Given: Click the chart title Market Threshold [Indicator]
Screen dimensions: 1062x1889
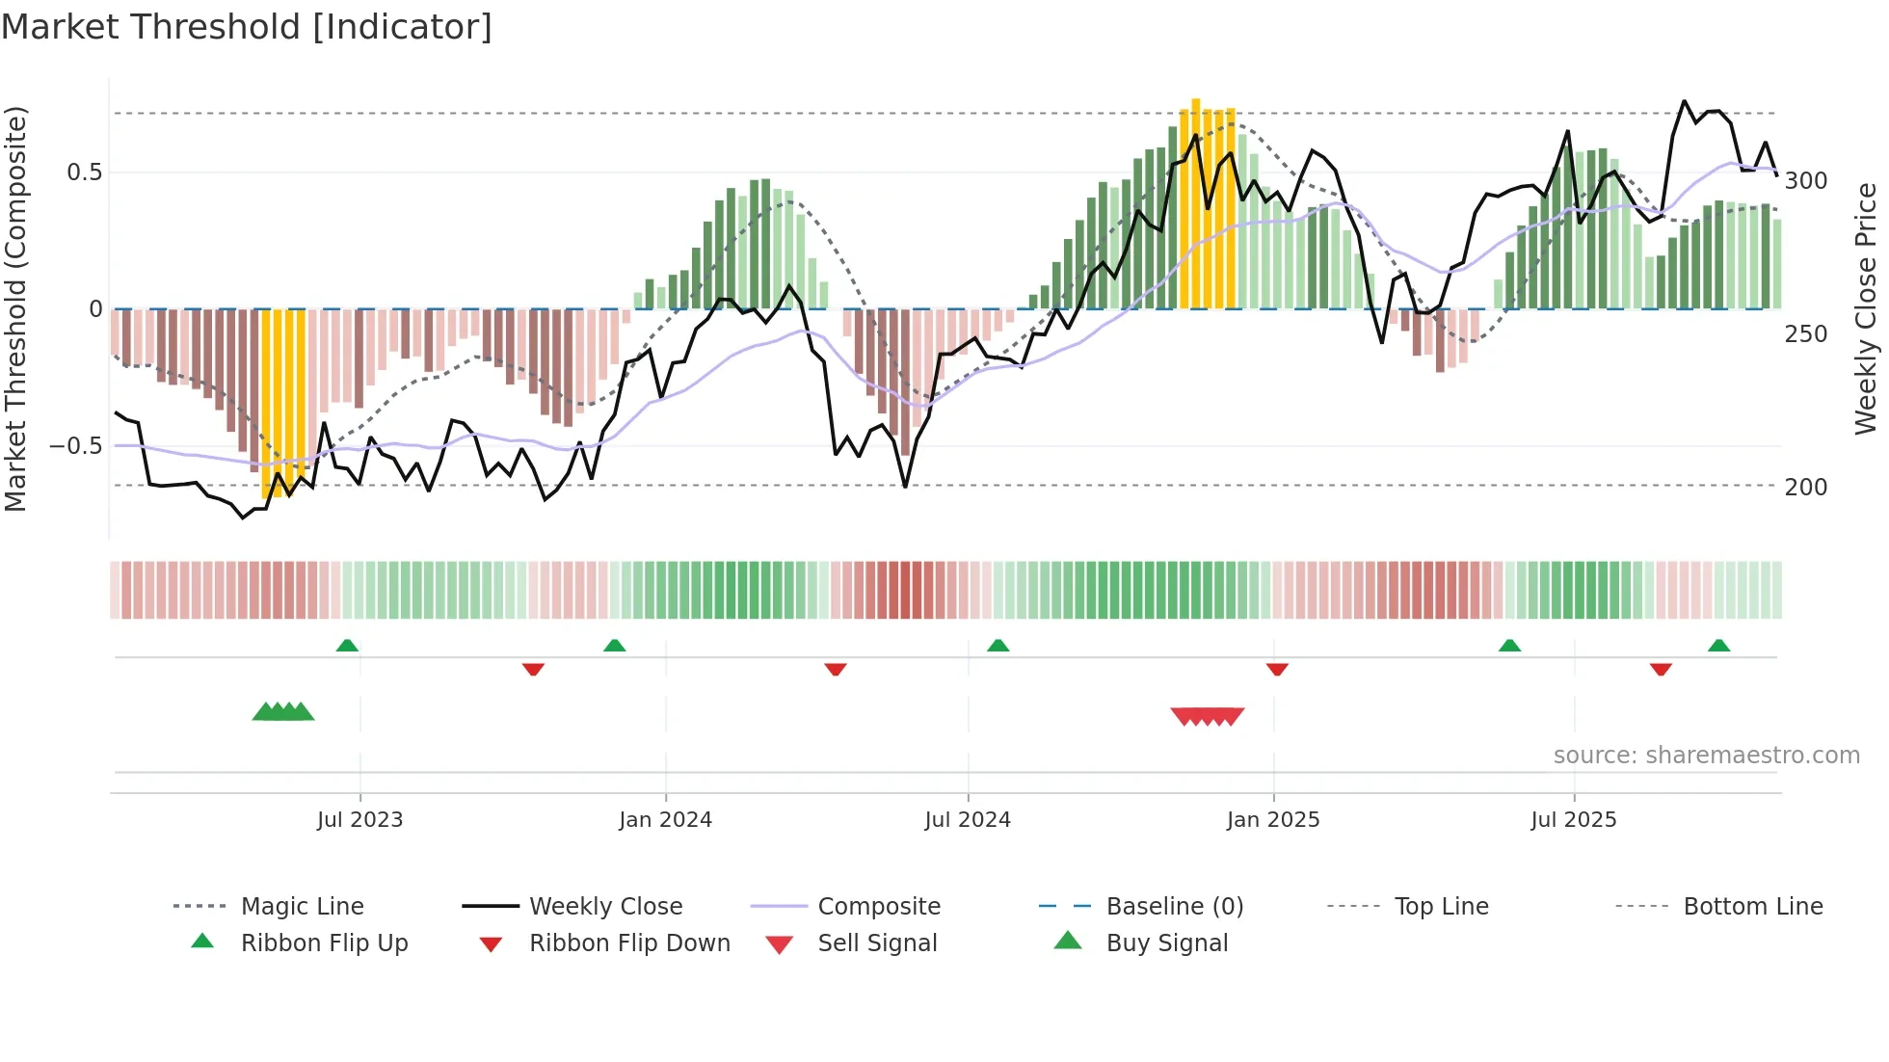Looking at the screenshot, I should point(247,27).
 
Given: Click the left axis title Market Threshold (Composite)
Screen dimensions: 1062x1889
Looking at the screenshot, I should point(15,308).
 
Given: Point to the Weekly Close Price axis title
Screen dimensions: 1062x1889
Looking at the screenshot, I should point(1866,308).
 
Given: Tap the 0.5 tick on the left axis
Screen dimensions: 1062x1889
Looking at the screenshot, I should point(84,173).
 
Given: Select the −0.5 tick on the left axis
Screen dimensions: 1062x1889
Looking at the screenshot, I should point(76,446).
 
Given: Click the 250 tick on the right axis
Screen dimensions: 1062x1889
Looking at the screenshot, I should point(1805,334).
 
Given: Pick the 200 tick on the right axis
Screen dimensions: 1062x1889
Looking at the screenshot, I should point(1805,487).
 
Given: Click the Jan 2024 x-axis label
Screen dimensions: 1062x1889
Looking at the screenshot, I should point(665,820).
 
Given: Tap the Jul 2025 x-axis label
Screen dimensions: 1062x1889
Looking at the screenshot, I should point(1573,820).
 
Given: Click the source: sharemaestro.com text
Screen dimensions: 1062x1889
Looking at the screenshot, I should point(1706,756).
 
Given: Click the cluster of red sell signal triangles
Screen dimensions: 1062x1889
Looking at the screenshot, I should point(1207,716).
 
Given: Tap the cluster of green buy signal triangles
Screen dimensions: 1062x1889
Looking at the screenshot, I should point(283,712).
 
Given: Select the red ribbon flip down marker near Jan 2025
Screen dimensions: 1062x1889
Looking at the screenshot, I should point(1277,669).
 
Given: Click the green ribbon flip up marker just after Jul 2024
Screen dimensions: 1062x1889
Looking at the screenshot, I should point(998,646).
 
